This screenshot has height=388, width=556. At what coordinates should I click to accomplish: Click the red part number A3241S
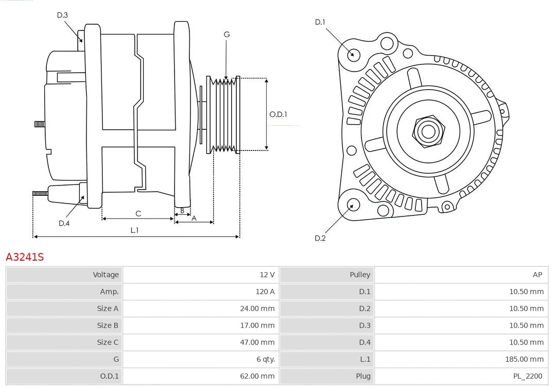click(25, 257)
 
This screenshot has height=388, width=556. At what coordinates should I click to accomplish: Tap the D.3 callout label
click(62, 15)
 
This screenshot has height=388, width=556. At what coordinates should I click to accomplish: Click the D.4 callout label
click(64, 223)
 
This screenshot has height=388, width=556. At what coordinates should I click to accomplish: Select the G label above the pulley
click(227, 35)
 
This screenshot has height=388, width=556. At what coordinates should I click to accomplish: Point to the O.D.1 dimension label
click(278, 114)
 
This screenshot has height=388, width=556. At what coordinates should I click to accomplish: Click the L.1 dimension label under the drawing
click(134, 230)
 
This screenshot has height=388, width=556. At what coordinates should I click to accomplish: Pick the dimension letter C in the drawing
click(138, 213)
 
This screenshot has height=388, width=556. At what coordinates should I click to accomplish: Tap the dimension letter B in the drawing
click(182, 211)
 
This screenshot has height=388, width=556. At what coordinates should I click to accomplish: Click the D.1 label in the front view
click(320, 22)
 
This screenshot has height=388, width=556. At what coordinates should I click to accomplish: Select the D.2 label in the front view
click(320, 238)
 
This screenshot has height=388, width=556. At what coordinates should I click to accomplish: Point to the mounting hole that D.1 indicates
click(353, 54)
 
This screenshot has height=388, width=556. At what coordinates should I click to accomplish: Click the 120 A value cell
click(265, 292)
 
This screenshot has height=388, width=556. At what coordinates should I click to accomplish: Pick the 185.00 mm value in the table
click(525, 359)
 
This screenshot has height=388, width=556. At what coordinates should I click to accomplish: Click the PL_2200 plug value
click(528, 376)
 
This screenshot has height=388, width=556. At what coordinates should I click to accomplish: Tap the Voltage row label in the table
click(106, 275)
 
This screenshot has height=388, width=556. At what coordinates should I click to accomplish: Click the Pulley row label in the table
click(360, 275)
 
